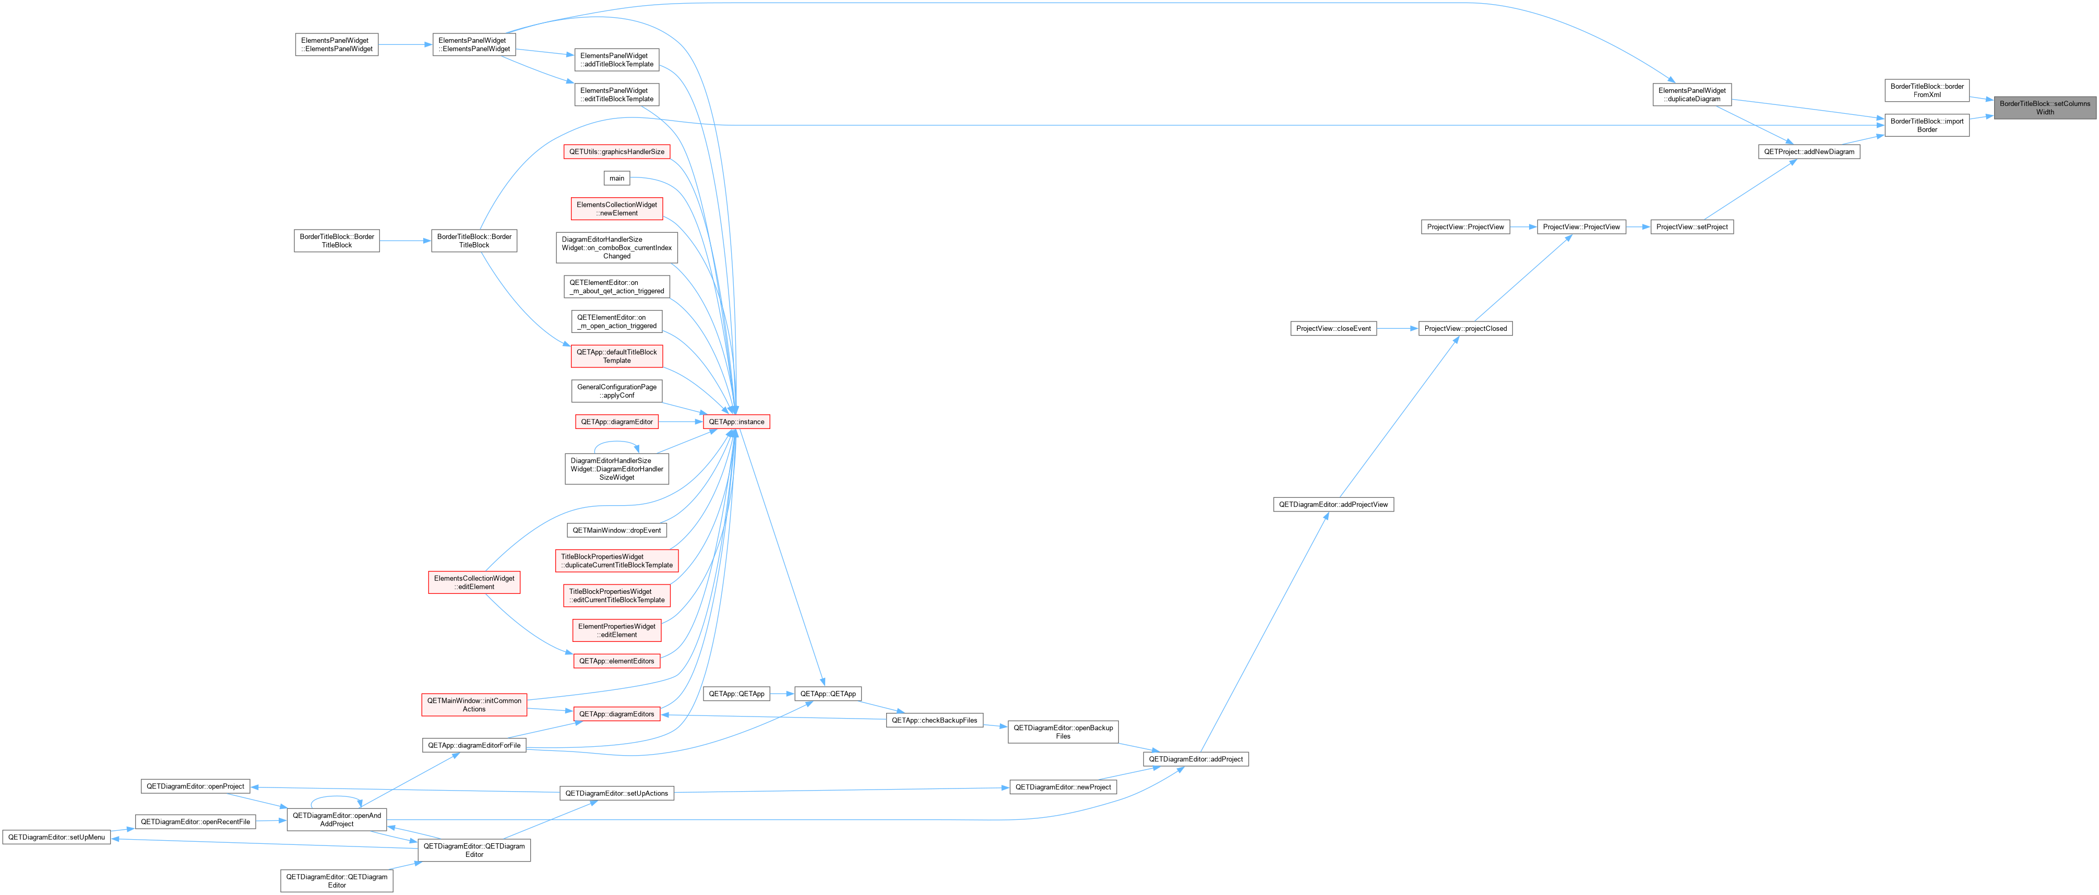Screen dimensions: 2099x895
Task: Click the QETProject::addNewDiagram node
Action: (1808, 152)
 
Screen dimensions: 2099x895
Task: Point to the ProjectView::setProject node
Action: (1691, 226)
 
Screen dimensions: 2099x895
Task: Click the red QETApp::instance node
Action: (736, 422)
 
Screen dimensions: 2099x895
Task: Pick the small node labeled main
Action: (617, 178)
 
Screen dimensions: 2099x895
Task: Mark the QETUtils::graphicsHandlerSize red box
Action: (617, 152)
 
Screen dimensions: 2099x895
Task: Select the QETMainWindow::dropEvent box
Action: (617, 530)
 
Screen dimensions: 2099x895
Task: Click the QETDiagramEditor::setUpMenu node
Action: (56, 837)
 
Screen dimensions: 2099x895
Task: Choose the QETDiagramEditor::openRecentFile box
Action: (196, 821)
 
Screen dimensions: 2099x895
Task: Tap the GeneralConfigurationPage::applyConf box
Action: (617, 391)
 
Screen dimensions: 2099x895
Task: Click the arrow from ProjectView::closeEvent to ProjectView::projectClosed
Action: (1398, 328)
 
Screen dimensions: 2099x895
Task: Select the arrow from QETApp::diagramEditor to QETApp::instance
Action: (681, 422)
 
